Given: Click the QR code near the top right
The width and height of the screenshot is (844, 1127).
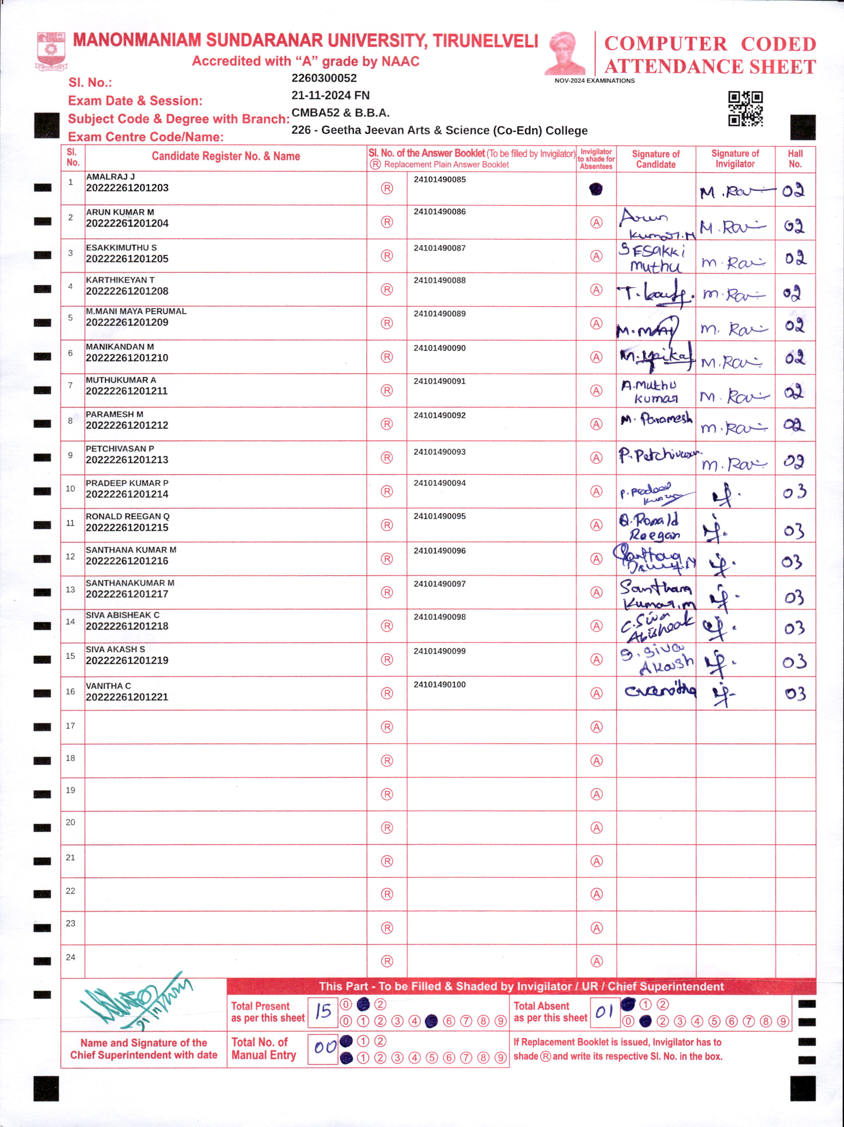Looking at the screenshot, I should click(745, 109).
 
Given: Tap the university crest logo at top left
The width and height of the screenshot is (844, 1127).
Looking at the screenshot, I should click(51, 51).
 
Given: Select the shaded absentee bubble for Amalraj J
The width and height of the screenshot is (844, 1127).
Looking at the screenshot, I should click(595, 189).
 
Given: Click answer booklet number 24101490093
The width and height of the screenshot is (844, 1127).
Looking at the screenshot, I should click(439, 452).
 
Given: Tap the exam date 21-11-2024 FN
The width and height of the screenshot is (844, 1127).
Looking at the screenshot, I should click(330, 95).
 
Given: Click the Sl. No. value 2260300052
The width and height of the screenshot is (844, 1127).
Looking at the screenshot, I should click(324, 78).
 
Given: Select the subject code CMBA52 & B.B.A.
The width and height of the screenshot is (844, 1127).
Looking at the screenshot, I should click(340, 113).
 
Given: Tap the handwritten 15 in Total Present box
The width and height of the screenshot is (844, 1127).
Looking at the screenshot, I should click(323, 1011).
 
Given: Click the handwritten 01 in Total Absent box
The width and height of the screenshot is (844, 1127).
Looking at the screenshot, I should click(604, 1011).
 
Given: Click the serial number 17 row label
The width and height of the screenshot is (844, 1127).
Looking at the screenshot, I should click(70, 726).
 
